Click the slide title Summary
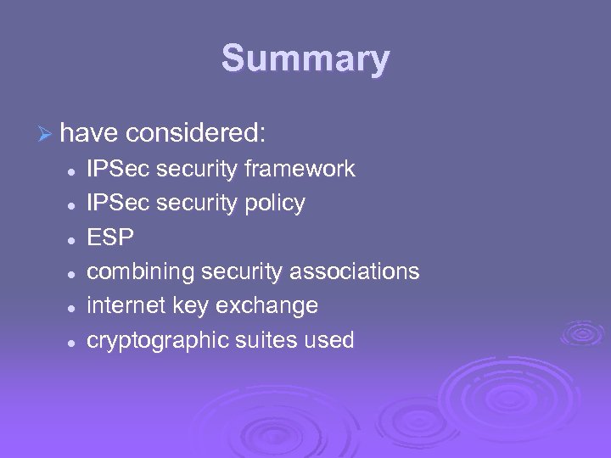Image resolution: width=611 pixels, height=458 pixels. click(x=305, y=59)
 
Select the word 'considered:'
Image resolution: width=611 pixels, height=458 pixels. click(x=197, y=132)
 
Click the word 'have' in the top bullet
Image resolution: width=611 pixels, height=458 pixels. click(x=90, y=132)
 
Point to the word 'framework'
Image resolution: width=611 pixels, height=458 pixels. click(x=300, y=169)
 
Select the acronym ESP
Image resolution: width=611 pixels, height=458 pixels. click(x=110, y=237)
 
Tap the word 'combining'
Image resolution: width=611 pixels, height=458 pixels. click(x=141, y=272)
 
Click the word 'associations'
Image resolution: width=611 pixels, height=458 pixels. click(x=355, y=271)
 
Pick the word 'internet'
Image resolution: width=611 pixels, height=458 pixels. click(x=128, y=305)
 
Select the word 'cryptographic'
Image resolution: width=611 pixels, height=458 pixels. click(x=158, y=341)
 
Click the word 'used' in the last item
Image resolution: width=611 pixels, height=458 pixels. click(x=330, y=340)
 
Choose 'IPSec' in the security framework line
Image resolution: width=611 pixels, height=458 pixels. click(x=118, y=169)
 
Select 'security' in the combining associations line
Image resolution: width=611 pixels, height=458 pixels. click(x=242, y=272)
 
